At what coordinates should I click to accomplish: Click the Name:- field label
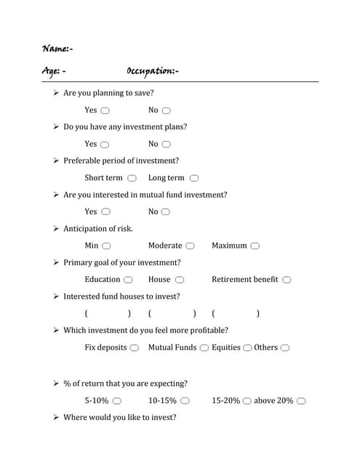(x=57, y=49)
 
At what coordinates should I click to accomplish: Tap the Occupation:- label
(x=153, y=70)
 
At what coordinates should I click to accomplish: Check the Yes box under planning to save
(x=105, y=110)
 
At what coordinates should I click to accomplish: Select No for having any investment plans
(x=166, y=145)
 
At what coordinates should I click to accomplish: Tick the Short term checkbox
(x=132, y=178)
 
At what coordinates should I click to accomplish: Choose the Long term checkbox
(x=194, y=178)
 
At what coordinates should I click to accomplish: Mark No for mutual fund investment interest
(x=166, y=212)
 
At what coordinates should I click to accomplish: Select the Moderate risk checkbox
(x=191, y=246)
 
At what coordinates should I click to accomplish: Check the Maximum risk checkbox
(x=255, y=246)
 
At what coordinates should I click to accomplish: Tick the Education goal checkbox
(x=128, y=280)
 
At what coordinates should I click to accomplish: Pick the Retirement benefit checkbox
(x=287, y=280)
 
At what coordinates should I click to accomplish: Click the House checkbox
(x=179, y=280)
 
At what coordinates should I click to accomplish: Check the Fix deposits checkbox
(x=135, y=348)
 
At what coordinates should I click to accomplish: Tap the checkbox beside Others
(x=285, y=348)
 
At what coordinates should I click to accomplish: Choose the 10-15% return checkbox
(x=185, y=401)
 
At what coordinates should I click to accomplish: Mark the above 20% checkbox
(x=301, y=401)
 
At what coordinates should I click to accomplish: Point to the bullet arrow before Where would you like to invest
(x=56, y=418)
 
